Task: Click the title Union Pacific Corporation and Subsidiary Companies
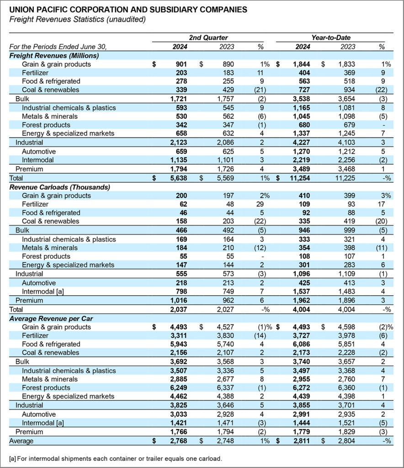(x=129, y=9)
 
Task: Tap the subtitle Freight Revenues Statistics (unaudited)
(x=77, y=19)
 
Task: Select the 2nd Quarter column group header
(x=208, y=37)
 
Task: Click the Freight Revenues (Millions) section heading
(x=54, y=55)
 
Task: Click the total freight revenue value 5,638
(x=172, y=178)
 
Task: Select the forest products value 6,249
(x=172, y=388)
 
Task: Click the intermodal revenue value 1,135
(x=172, y=160)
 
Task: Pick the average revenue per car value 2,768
(x=172, y=441)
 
